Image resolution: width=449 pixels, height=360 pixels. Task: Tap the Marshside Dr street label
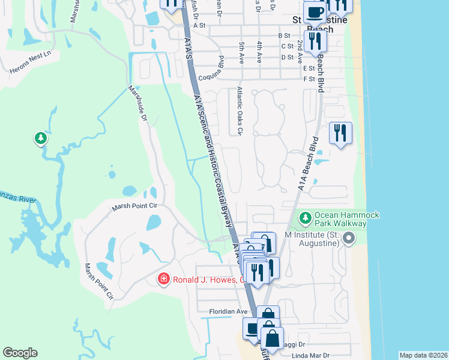[137, 104]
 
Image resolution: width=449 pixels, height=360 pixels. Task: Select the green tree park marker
[41, 139]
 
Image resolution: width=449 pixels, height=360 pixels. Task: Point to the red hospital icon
[163, 279]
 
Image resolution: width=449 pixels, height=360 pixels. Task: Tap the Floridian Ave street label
[228, 311]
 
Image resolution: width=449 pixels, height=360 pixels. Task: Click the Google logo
[20, 353]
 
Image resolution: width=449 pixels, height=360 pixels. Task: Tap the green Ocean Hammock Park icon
[306, 215]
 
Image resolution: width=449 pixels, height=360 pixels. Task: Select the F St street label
[310, 79]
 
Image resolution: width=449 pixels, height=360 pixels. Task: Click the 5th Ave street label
[241, 53]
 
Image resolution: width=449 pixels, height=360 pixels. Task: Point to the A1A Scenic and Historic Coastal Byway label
[213, 159]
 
